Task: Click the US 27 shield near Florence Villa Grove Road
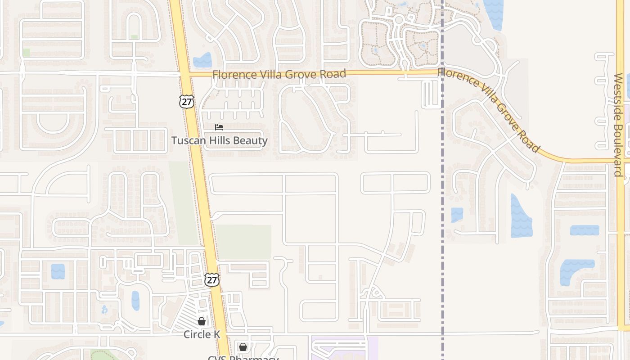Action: coord(186,101)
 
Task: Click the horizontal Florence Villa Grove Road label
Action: coord(279,74)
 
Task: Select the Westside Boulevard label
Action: coord(618,125)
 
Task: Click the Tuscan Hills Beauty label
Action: coord(219,140)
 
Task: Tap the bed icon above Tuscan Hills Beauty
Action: coord(219,128)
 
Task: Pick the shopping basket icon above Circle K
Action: coord(202,321)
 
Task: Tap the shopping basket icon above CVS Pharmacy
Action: coord(243,347)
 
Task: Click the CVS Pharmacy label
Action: coord(243,358)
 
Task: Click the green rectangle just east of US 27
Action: coord(243,242)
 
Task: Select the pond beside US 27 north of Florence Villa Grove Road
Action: coord(202,60)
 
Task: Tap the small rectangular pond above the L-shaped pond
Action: coord(585,230)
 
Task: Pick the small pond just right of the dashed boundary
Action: coord(457,215)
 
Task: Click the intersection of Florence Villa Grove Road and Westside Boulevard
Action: coord(621,160)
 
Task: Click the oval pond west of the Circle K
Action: coord(135,301)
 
